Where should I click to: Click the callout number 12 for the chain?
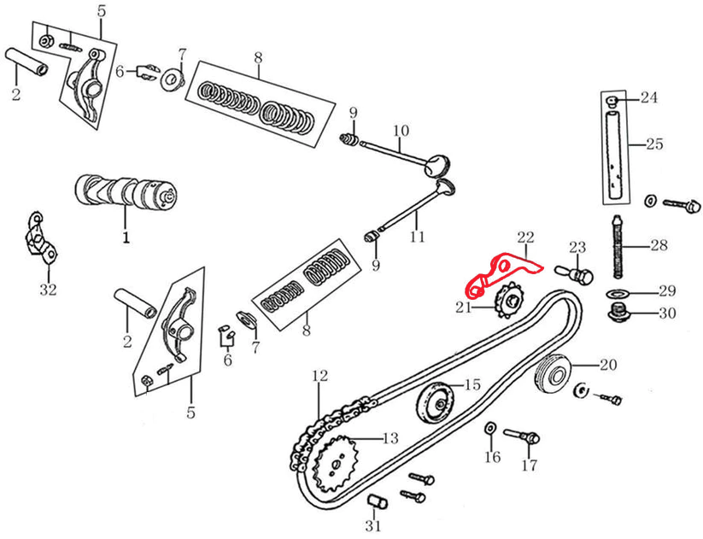(319, 375)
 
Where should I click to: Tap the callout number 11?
(416, 237)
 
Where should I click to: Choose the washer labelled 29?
(616, 294)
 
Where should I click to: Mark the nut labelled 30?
(618, 313)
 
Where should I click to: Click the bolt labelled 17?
(523, 436)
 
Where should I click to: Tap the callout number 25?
(653, 144)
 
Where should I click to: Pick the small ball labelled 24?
(612, 101)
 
